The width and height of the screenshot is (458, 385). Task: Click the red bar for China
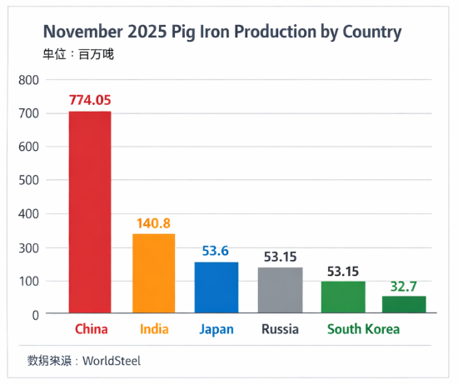point(89,212)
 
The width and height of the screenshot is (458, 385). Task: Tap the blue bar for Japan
point(217,287)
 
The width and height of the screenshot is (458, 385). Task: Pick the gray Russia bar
point(280,290)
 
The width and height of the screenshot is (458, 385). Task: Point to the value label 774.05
point(89,100)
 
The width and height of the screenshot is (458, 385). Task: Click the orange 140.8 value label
point(154,223)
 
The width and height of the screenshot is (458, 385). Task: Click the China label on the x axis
point(91,329)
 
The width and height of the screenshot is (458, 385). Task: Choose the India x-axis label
point(154,329)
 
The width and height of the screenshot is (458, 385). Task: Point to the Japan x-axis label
point(217,329)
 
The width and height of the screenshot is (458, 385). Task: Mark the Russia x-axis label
point(280,329)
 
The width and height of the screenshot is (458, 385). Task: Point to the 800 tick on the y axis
point(29,80)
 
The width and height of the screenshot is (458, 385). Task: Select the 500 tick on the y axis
point(29,181)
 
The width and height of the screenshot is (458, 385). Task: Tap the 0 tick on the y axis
point(36,314)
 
